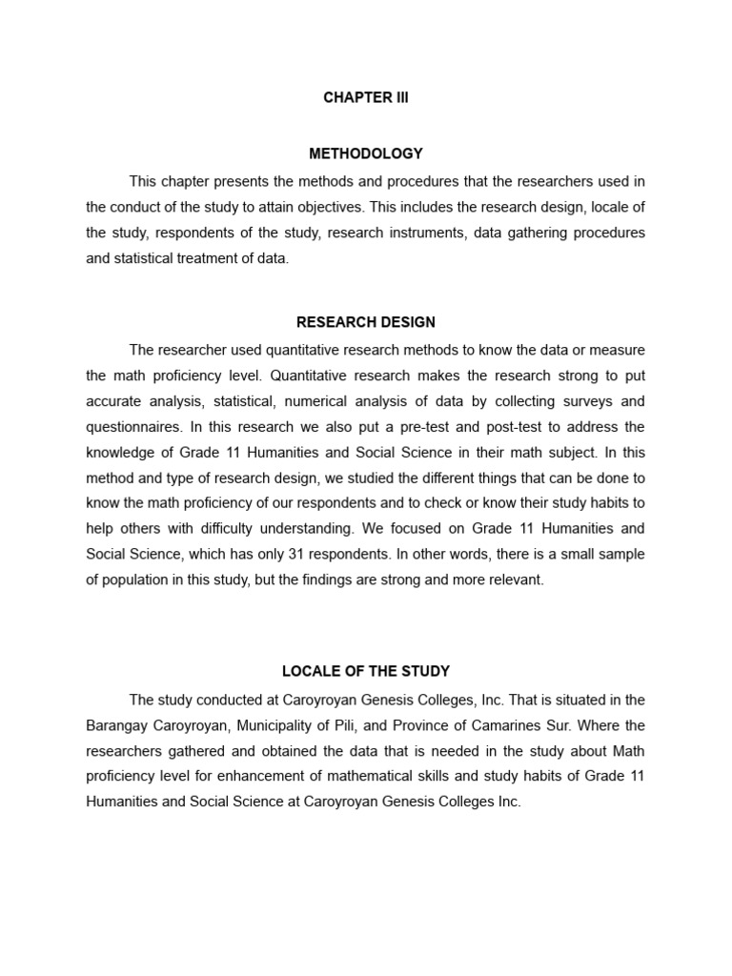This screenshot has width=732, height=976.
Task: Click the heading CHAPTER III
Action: tap(366, 98)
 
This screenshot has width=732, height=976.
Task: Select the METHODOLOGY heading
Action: tap(366, 153)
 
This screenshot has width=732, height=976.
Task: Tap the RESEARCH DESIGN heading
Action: tap(366, 322)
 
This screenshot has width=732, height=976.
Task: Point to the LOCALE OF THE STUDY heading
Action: tap(366, 672)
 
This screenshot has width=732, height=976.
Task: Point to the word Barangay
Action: tap(115, 725)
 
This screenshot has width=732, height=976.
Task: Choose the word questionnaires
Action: tap(130, 426)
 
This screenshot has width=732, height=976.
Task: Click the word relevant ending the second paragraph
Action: tap(515, 579)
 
